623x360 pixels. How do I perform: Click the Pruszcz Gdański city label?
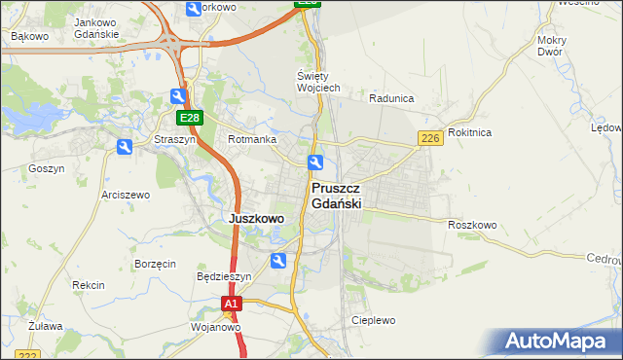click(337, 196)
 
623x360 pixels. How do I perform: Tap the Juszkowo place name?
click(256, 219)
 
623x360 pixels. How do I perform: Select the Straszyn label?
click(174, 139)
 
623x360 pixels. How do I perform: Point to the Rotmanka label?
click(252, 139)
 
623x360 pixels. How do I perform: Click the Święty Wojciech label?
click(317, 82)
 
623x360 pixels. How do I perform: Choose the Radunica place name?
click(392, 98)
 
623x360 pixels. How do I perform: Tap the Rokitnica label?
click(470, 131)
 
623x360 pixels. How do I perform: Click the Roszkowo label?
click(473, 225)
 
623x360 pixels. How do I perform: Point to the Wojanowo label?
click(215, 328)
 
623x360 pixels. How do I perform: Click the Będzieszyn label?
click(224, 276)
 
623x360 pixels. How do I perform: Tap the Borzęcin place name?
click(155, 264)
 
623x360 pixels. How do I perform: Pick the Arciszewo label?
click(126, 195)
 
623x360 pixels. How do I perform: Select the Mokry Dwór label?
click(551, 46)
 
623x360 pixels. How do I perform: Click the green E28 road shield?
click(189, 119)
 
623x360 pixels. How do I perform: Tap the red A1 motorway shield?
click(231, 305)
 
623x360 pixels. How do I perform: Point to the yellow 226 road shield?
click(431, 139)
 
